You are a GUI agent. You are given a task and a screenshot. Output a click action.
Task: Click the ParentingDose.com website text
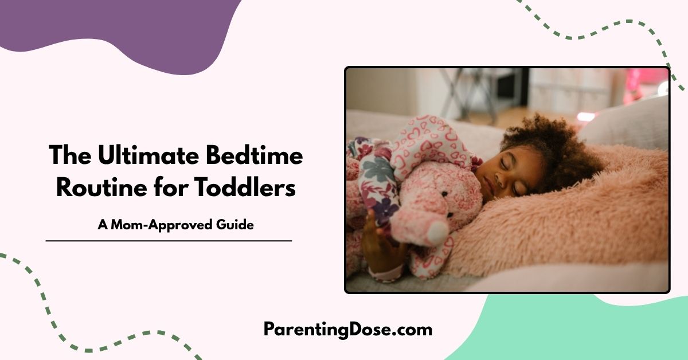347,329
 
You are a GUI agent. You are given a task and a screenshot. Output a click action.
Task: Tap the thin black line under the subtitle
169,241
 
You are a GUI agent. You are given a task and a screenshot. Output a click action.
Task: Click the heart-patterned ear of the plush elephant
427,140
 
